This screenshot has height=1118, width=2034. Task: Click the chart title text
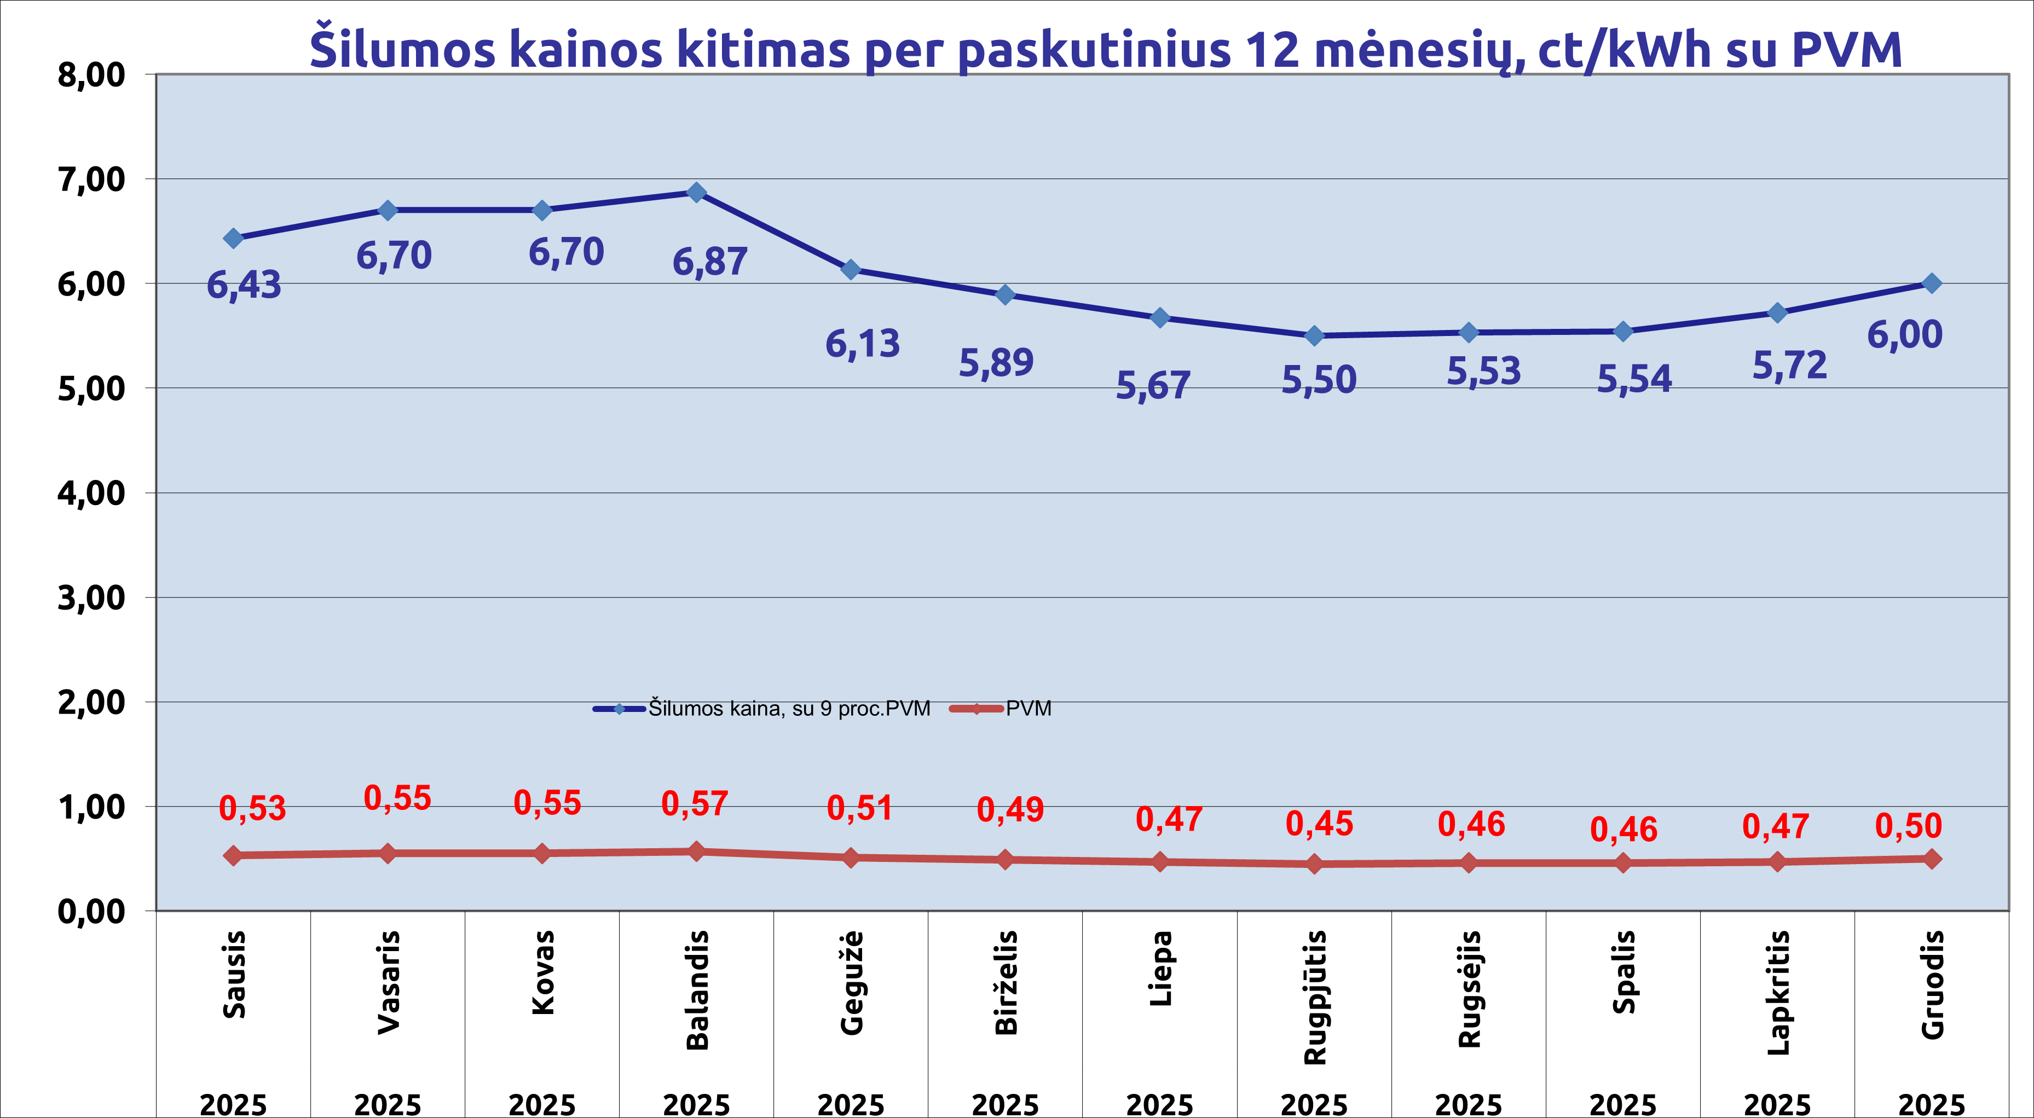pyautogui.click(x=1106, y=49)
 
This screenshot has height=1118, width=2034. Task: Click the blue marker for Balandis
pyautogui.click(x=696, y=193)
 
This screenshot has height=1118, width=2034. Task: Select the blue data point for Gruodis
pyautogui.click(x=1931, y=283)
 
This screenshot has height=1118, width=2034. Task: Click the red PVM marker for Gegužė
pyautogui.click(x=851, y=858)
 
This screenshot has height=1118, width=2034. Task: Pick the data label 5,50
pyautogui.click(x=1319, y=380)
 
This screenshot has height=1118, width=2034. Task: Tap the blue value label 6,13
pyautogui.click(x=862, y=344)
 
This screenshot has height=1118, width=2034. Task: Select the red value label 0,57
pyautogui.click(x=694, y=804)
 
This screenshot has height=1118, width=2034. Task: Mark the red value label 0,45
pyautogui.click(x=1319, y=824)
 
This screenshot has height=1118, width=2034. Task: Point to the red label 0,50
pyautogui.click(x=1909, y=826)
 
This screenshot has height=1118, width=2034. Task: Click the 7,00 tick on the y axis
pyautogui.click(x=91, y=180)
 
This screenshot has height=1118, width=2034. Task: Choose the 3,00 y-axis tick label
pyautogui.click(x=91, y=598)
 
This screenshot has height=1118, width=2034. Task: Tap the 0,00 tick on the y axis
pyautogui.click(x=91, y=911)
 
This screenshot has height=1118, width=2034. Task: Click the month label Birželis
pyautogui.click(x=1006, y=983)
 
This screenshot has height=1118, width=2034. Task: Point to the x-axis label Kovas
pyautogui.click(x=543, y=973)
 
